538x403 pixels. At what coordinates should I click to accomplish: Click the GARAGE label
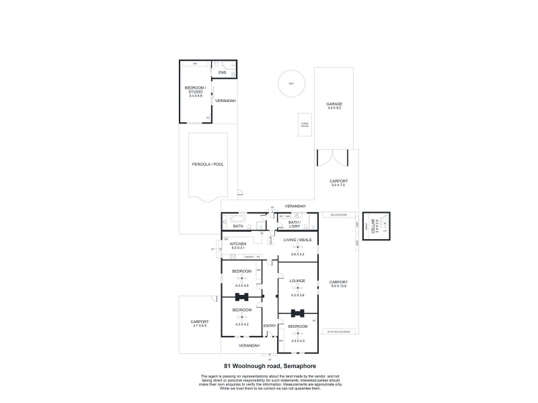click(334, 104)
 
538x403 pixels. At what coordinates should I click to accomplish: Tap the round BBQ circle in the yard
click(291, 84)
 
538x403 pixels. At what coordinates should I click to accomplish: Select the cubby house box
click(304, 124)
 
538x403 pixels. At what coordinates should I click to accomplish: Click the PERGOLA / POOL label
click(208, 164)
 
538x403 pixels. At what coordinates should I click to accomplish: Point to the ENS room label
click(222, 72)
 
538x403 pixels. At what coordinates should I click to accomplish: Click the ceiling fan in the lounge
click(297, 288)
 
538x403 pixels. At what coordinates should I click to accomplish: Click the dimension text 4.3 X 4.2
click(241, 324)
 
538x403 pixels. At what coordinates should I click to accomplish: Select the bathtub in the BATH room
click(239, 218)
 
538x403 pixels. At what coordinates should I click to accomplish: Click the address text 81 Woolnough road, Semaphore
click(268, 366)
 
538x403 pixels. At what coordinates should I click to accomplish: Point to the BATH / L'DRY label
click(295, 225)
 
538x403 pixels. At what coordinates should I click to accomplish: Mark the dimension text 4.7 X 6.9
click(200, 326)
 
